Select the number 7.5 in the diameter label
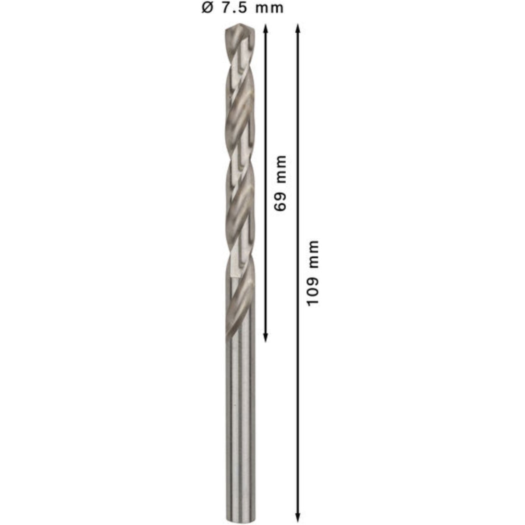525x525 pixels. (235, 8)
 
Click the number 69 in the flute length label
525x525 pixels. (280, 201)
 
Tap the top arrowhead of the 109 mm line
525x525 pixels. (298, 28)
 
